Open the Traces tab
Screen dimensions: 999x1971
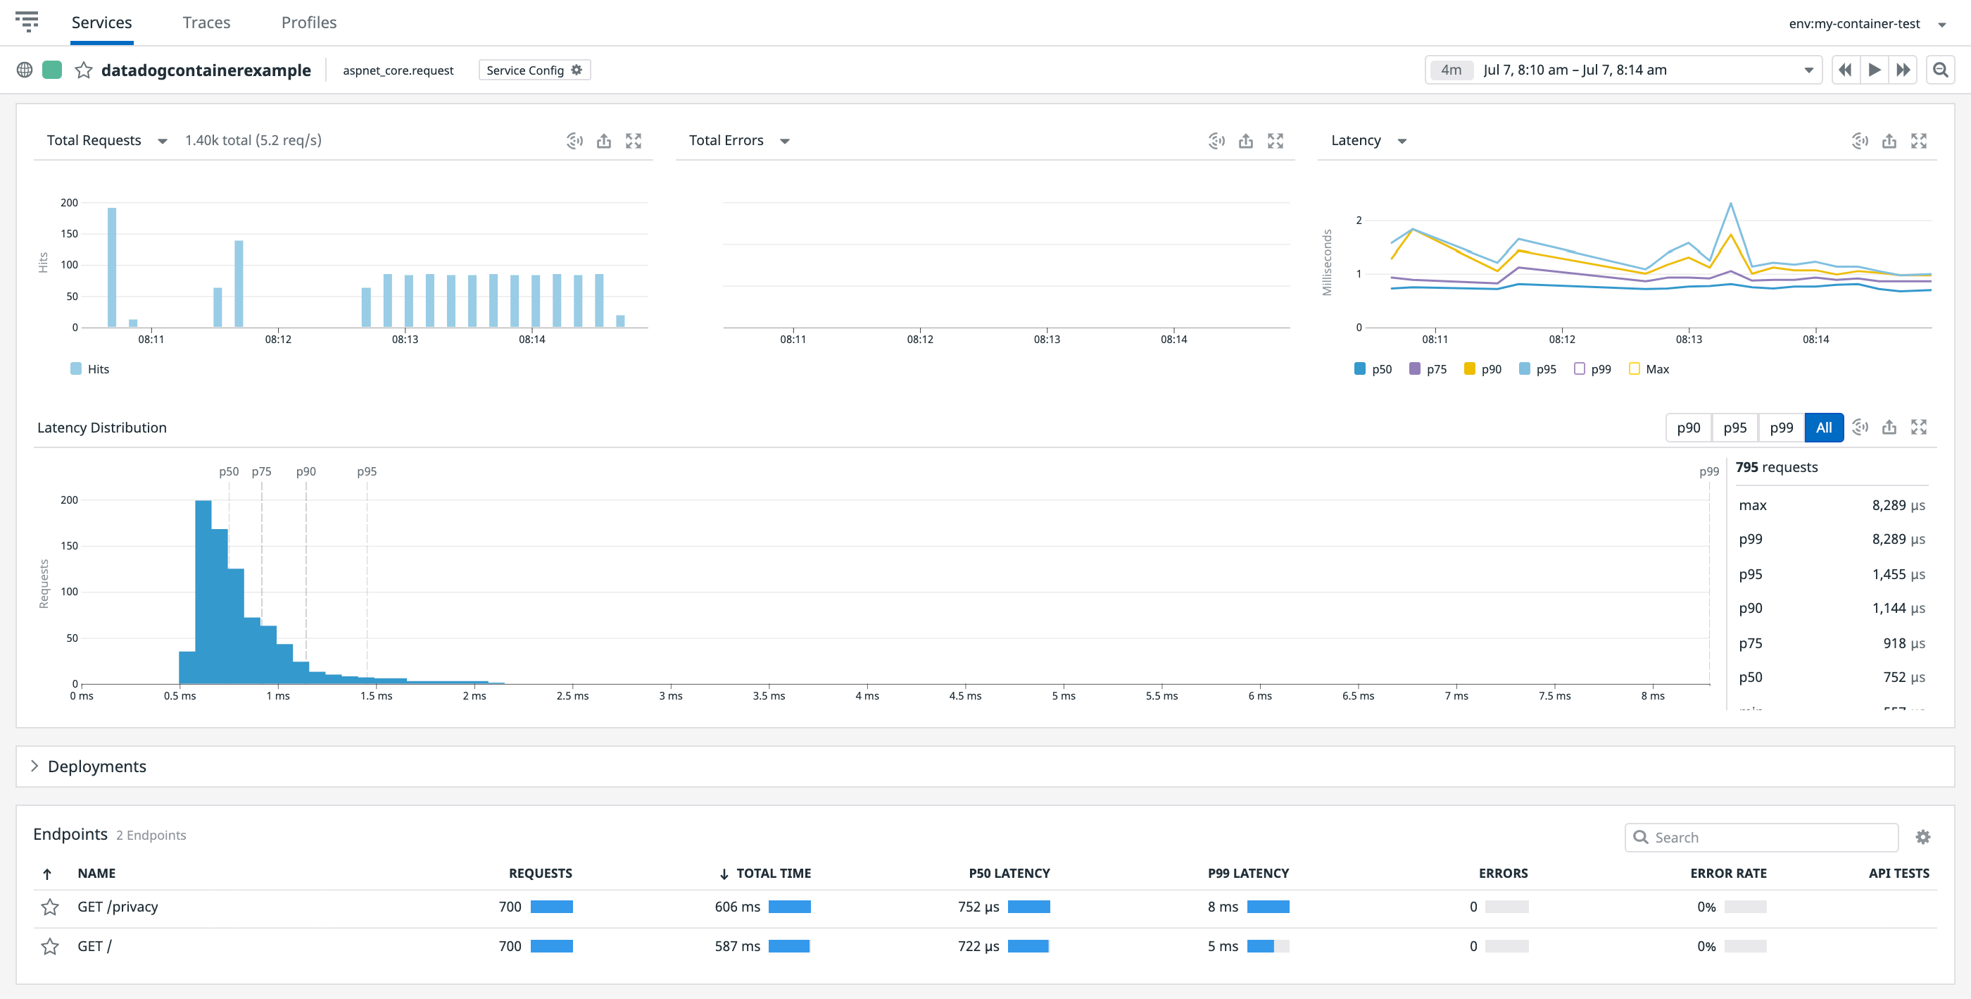[x=206, y=23]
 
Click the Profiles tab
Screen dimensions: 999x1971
[x=308, y=23]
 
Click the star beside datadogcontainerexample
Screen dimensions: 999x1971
[x=83, y=70]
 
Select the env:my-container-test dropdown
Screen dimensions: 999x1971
[x=1865, y=24]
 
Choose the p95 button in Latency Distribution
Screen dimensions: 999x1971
[x=1734, y=428]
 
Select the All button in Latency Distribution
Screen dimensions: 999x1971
[x=1823, y=428]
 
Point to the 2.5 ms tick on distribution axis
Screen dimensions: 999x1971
[x=572, y=695]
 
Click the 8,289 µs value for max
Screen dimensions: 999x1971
[x=1898, y=505]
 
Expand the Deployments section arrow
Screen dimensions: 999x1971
[x=34, y=767]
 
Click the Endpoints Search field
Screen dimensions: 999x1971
[x=1768, y=838]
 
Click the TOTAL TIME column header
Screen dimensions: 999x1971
[x=773, y=874]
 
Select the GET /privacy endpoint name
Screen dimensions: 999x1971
[x=118, y=907]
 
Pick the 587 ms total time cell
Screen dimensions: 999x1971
[x=737, y=946]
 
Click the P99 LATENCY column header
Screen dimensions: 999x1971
[x=1248, y=874]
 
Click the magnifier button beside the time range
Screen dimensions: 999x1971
[x=1939, y=70]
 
